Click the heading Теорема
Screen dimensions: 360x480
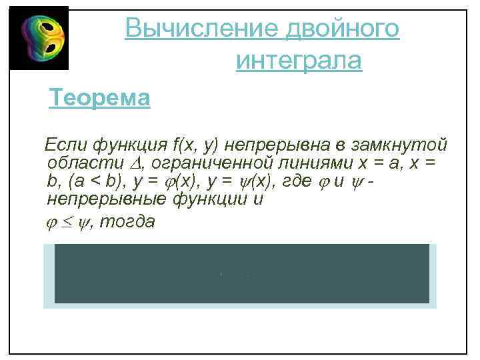(x=100, y=99)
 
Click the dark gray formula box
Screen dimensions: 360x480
(x=241, y=274)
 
